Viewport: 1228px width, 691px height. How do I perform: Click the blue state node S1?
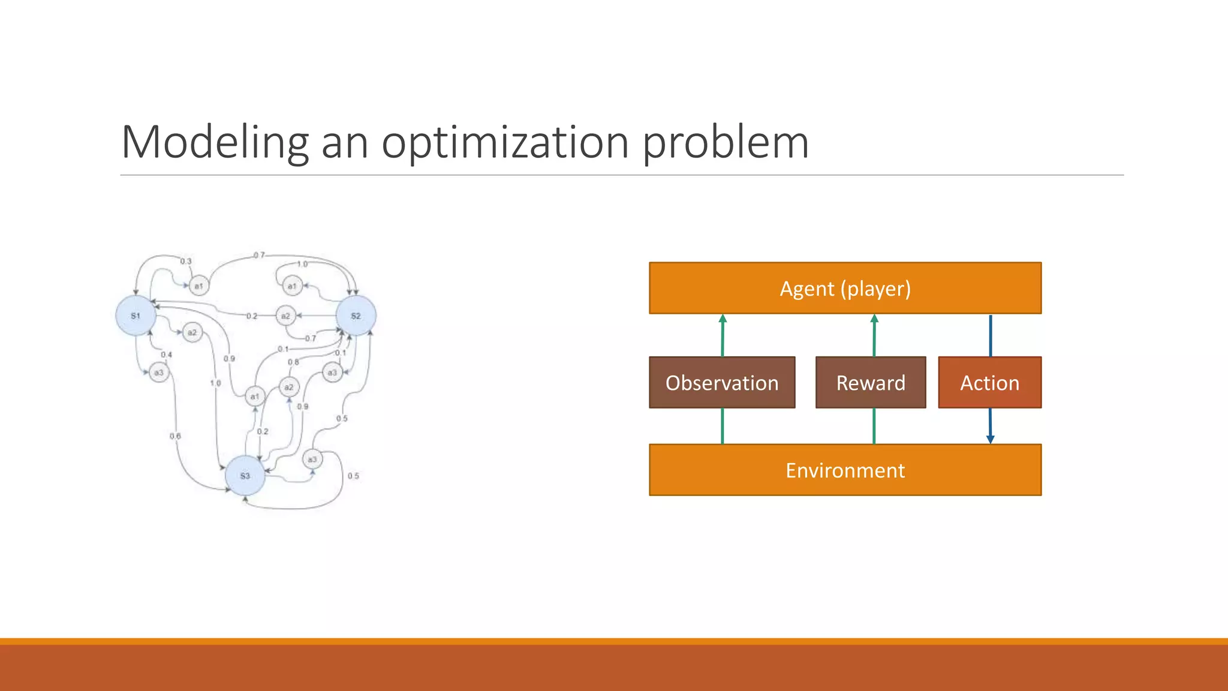[x=136, y=316]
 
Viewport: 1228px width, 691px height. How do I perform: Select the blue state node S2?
[x=356, y=316]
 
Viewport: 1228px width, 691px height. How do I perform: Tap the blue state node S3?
[x=245, y=476]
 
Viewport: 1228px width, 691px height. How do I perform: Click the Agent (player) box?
[x=845, y=289]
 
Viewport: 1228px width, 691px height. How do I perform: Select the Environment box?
[x=845, y=470]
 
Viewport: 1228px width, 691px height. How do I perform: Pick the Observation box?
[x=722, y=383]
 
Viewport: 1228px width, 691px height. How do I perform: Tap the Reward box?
[x=871, y=383]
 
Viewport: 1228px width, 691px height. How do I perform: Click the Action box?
[x=989, y=383]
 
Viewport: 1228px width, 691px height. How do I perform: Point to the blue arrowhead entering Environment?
[x=991, y=439]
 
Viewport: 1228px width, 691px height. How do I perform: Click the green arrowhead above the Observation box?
[x=723, y=319]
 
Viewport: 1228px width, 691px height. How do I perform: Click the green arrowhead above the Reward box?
[x=874, y=319]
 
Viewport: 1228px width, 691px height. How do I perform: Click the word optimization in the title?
[x=505, y=143]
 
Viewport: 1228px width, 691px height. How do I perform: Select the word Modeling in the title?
[x=215, y=143]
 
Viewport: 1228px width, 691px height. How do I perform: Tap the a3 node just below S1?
[x=159, y=372]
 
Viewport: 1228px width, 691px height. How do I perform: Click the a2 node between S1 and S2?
[x=285, y=316]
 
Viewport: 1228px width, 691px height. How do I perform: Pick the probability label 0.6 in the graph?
[x=175, y=436]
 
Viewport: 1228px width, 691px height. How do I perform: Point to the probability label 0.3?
[x=186, y=262]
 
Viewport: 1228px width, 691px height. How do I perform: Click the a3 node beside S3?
[x=312, y=459]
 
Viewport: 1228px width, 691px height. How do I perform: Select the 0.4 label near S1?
[x=166, y=354]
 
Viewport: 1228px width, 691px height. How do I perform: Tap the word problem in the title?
[x=726, y=143]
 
